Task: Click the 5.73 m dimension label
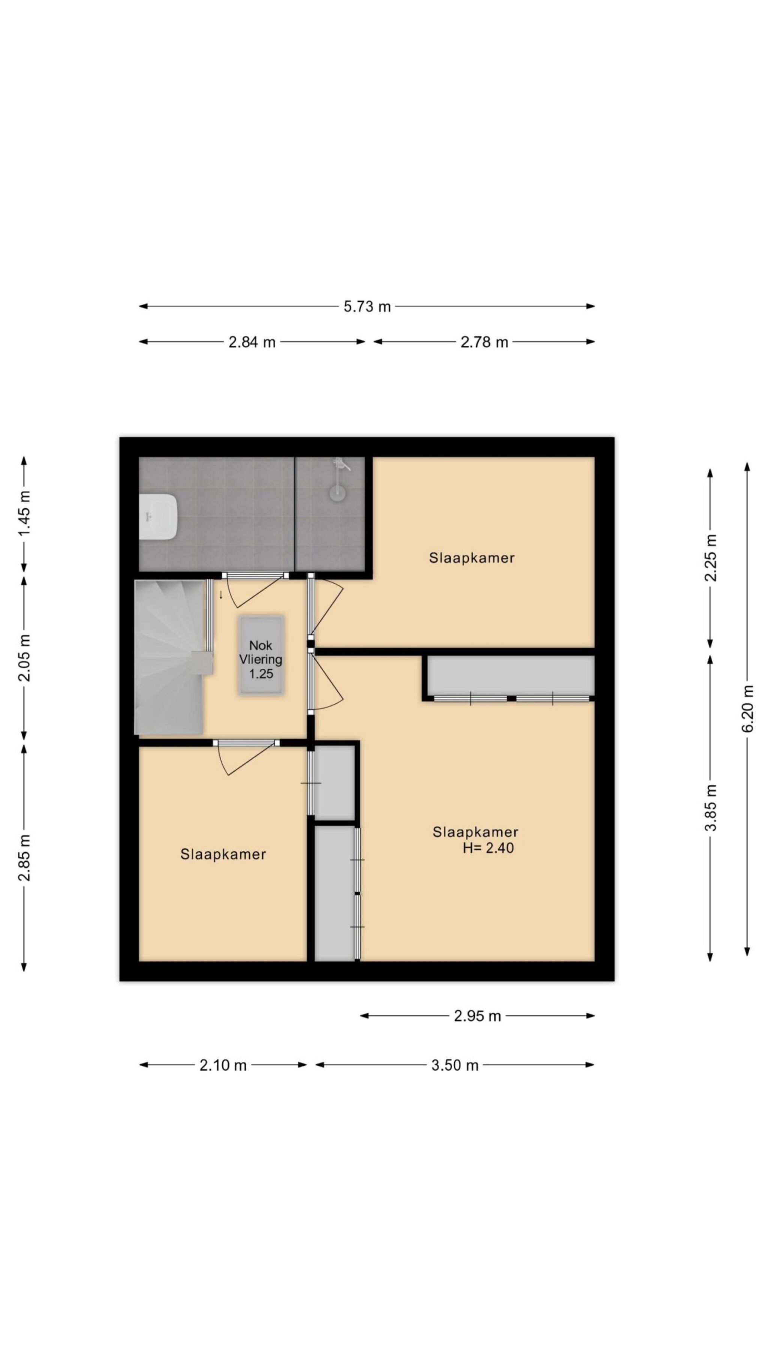tap(367, 306)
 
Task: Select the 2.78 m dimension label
tap(484, 342)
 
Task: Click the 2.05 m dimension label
tap(24, 658)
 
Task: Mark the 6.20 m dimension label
tap(748, 709)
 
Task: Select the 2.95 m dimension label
tap(477, 1016)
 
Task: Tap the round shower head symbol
tap(337, 492)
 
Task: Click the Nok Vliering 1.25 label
tap(261, 659)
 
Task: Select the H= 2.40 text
tap(488, 848)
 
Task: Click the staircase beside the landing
tap(170, 657)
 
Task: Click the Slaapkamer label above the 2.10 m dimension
tap(223, 854)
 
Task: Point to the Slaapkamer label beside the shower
tap(471, 558)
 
